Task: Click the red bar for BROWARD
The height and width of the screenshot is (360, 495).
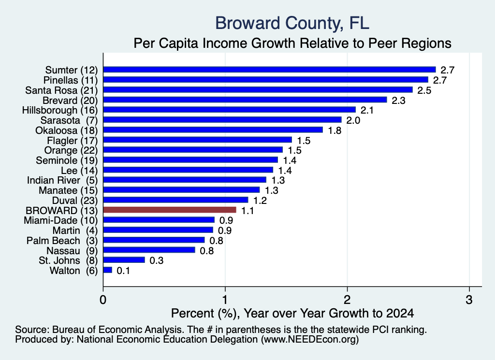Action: point(170,210)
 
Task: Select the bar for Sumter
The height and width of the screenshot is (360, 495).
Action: point(270,70)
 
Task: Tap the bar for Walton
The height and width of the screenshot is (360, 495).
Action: point(108,270)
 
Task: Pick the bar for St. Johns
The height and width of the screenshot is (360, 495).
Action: point(124,260)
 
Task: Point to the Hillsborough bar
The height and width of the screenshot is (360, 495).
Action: point(230,110)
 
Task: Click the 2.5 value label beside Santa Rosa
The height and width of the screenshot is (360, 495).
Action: point(424,90)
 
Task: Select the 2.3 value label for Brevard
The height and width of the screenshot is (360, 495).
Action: point(398,101)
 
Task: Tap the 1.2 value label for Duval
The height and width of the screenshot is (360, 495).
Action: point(260,201)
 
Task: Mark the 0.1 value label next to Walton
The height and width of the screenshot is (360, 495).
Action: point(123,271)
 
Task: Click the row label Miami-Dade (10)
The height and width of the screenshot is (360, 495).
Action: point(60,220)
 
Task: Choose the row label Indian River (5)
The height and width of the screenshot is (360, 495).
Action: point(62,180)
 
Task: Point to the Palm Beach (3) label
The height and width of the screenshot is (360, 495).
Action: point(62,241)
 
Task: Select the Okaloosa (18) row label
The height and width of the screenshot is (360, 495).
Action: point(67,130)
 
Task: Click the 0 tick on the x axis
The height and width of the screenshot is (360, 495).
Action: point(103,300)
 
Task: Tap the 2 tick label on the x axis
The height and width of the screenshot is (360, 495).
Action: point(347,300)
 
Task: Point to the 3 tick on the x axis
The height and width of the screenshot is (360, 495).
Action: point(469,300)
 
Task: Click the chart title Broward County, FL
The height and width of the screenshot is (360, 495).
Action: point(292,23)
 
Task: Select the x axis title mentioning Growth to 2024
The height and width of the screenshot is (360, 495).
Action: point(292,313)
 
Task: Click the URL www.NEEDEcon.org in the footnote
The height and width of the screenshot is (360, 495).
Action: point(309,340)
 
